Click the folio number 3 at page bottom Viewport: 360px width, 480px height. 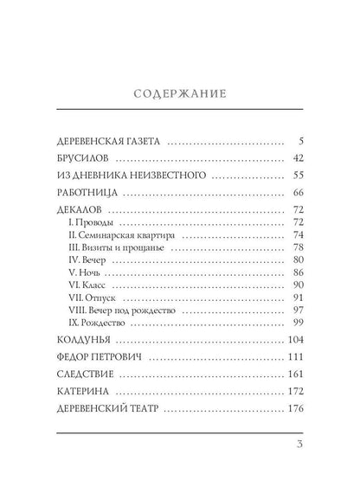[x=299, y=446]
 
